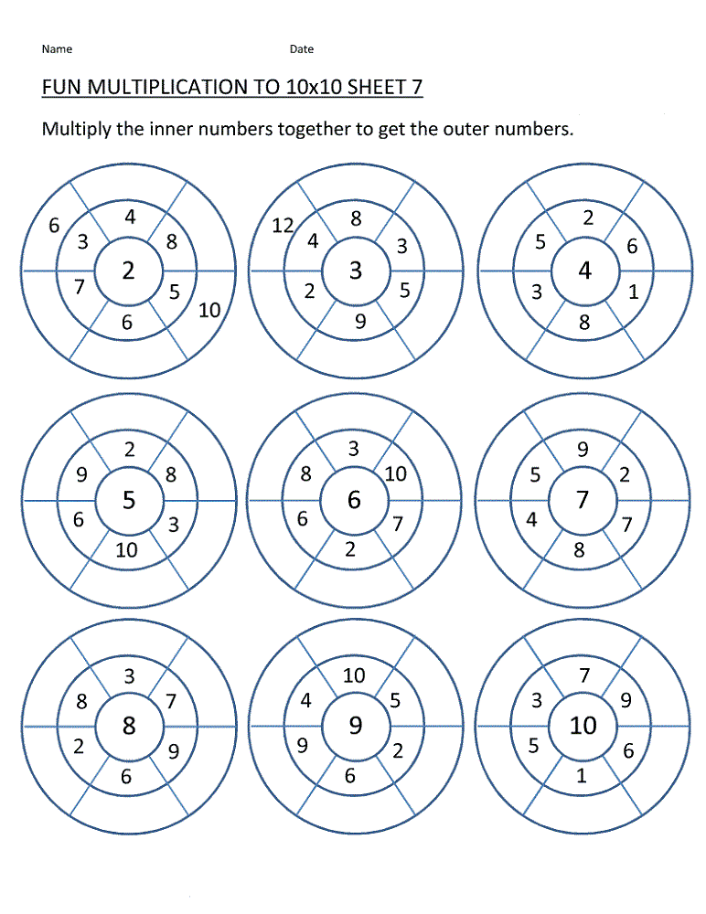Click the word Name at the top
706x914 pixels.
[57, 49]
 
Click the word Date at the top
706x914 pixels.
[302, 49]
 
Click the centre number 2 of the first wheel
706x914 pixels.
[128, 270]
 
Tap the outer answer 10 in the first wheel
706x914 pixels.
[209, 310]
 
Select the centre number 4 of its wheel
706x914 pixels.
[584, 271]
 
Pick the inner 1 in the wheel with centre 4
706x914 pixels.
[634, 292]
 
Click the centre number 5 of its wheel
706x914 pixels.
[128, 500]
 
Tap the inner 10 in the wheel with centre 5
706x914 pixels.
[127, 549]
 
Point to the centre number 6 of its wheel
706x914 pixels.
[355, 500]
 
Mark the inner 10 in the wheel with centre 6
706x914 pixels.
[396, 474]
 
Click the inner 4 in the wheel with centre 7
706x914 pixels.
[531, 520]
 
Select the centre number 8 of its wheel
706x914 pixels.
[129, 726]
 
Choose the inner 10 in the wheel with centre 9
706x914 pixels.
[354, 675]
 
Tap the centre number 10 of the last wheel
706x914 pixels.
[583, 726]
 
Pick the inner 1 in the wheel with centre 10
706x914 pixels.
[582, 777]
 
